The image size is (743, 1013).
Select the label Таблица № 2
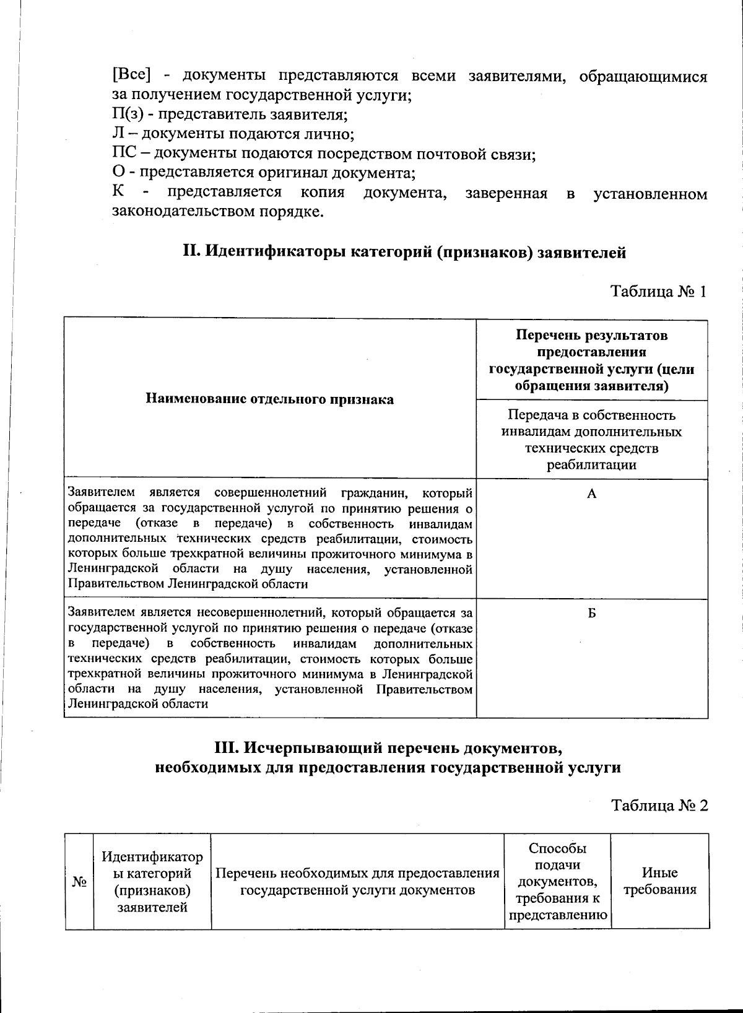(x=659, y=805)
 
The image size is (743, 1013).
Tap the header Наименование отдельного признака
(x=270, y=399)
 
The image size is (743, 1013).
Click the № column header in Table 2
(x=79, y=882)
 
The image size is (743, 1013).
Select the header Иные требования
(x=659, y=882)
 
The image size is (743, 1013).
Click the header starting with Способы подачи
(x=557, y=882)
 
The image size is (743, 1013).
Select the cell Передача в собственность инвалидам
(x=591, y=440)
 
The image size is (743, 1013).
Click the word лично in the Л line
(x=330, y=134)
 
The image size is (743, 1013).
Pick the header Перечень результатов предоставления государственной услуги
(x=591, y=360)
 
